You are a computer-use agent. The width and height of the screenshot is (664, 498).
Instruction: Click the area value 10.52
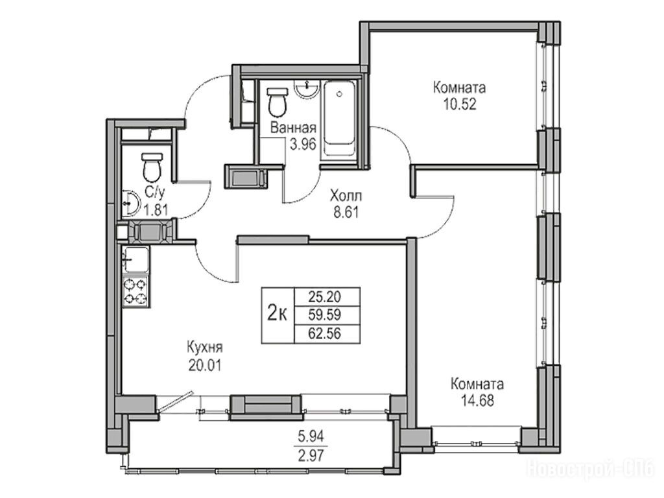[x=460, y=104]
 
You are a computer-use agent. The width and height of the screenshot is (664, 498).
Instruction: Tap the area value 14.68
[x=477, y=401]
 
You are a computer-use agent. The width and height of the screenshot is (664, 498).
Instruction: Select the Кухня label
[x=204, y=348]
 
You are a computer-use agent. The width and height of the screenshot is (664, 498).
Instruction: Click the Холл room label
[x=346, y=196]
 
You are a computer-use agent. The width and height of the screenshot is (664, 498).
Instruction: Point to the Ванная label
[x=293, y=128]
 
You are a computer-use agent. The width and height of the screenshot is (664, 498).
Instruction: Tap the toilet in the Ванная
[x=277, y=102]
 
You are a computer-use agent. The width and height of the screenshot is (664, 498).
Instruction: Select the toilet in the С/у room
[x=152, y=167]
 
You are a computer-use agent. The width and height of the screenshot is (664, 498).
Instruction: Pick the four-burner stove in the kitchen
[x=136, y=291]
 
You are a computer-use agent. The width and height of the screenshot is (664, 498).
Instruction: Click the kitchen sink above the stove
[x=136, y=260]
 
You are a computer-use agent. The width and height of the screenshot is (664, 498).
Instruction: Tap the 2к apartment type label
[x=278, y=314]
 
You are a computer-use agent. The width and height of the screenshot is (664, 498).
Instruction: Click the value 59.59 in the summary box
[x=324, y=315]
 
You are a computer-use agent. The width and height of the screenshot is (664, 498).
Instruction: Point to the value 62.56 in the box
[x=324, y=334]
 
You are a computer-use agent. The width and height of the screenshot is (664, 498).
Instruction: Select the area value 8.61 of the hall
[x=346, y=212]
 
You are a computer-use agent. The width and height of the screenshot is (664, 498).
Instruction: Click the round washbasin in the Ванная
[x=306, y=89]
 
